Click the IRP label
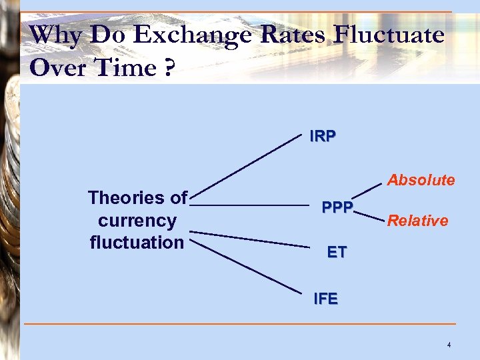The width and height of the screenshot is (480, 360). click(x=323, y=136)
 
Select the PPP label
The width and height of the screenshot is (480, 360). click(x=337, y=207)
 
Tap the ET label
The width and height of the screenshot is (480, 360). click(x=337, y=252)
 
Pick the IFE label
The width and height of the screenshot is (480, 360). click(x=325, y=299)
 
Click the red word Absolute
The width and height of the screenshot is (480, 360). click(x=421, y=180)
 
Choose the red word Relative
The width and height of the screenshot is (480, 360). click(x=417, y=221)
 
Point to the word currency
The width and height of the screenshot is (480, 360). click(x=137, y=221)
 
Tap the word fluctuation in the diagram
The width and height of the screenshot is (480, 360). click(x=137, y=242)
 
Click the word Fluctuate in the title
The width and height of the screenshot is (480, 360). click(x=389, y=35)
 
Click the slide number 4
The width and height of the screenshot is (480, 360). click(x=449, y=345)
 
